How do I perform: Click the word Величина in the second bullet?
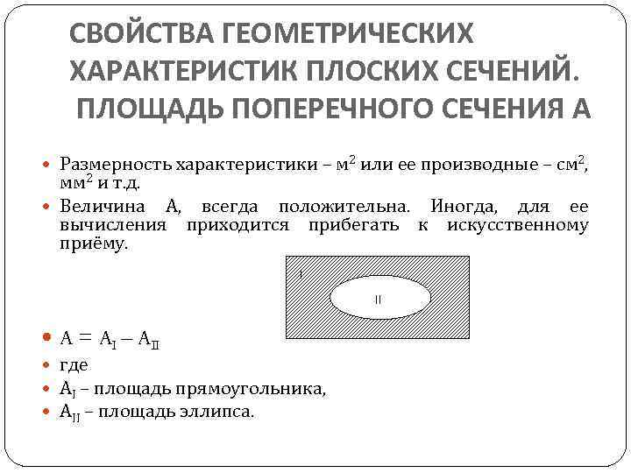tap(104, 207)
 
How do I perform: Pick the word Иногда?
tap(461, 207)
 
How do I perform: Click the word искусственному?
tap(517, 225)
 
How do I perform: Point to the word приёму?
tap(94, 244)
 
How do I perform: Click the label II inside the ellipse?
tap(379, 300)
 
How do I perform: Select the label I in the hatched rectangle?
tap(300, 275)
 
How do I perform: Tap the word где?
tap(74, 365)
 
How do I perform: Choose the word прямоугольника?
tap(256, 388)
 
